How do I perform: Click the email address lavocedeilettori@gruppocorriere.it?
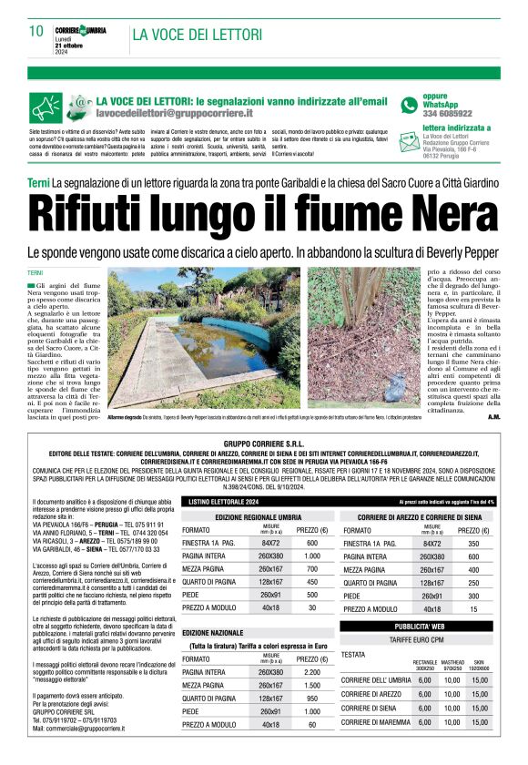click(174, 114)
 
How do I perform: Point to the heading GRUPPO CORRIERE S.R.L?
click(263, 443)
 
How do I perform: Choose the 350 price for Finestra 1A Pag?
click(472, 543)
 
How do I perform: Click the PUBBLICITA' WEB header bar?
click(419, 627)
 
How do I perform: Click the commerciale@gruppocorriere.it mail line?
click(79, 729)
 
